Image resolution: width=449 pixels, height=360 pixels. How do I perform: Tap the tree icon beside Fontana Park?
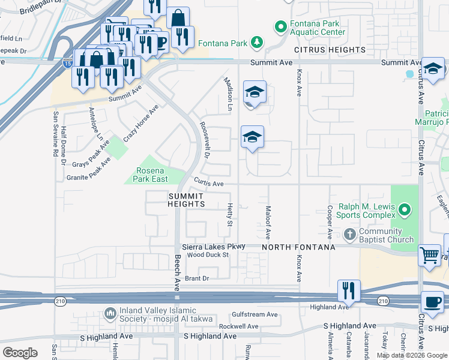click(x=256, y=42)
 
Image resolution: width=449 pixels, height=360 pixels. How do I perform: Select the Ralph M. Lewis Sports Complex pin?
click(x=405, y=210)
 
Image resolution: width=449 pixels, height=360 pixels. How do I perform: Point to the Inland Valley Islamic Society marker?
click(x=109, y=313)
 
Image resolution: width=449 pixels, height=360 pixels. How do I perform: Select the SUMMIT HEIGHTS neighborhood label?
click(x=186, y=200)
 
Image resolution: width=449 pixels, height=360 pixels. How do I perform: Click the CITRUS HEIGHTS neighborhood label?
click(x=330, y=50)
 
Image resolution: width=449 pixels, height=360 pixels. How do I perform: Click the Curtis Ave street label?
click(x=208, y=184)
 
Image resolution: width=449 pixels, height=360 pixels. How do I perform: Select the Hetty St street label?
click(x=229, y=214)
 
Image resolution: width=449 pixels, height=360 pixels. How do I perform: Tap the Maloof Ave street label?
click(x=268, y=217)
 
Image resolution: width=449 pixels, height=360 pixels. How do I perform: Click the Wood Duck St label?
click(x=208, y=255)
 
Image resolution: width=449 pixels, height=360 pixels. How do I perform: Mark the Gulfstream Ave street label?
click(x=255, y=314)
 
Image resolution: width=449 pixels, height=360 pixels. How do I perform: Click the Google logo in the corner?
click(x=20, y=352)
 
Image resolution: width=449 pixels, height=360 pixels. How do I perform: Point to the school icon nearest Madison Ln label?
click(x=254, y=92)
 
